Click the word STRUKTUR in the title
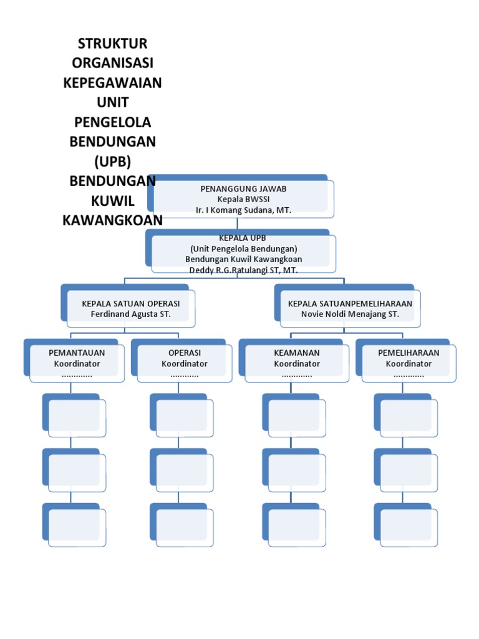click(112, 44)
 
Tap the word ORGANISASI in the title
click(112, 63)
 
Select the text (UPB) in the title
click(112, 161)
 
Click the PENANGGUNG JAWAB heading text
click(243, 188)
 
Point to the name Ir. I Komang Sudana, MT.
click(243, 210)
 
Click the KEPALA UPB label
click(243, 238)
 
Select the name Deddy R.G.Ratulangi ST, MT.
click(243, 270)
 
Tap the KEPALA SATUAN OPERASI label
click(131, 303)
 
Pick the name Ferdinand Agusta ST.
click(131, 314)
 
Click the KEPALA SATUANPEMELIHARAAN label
click(350, 303)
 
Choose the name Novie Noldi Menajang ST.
click(350, 314)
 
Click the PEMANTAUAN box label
click(77, 353)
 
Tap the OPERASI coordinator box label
click(185, 353)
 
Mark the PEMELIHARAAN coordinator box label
click(409, 353)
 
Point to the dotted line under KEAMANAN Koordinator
click(297, 375)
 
